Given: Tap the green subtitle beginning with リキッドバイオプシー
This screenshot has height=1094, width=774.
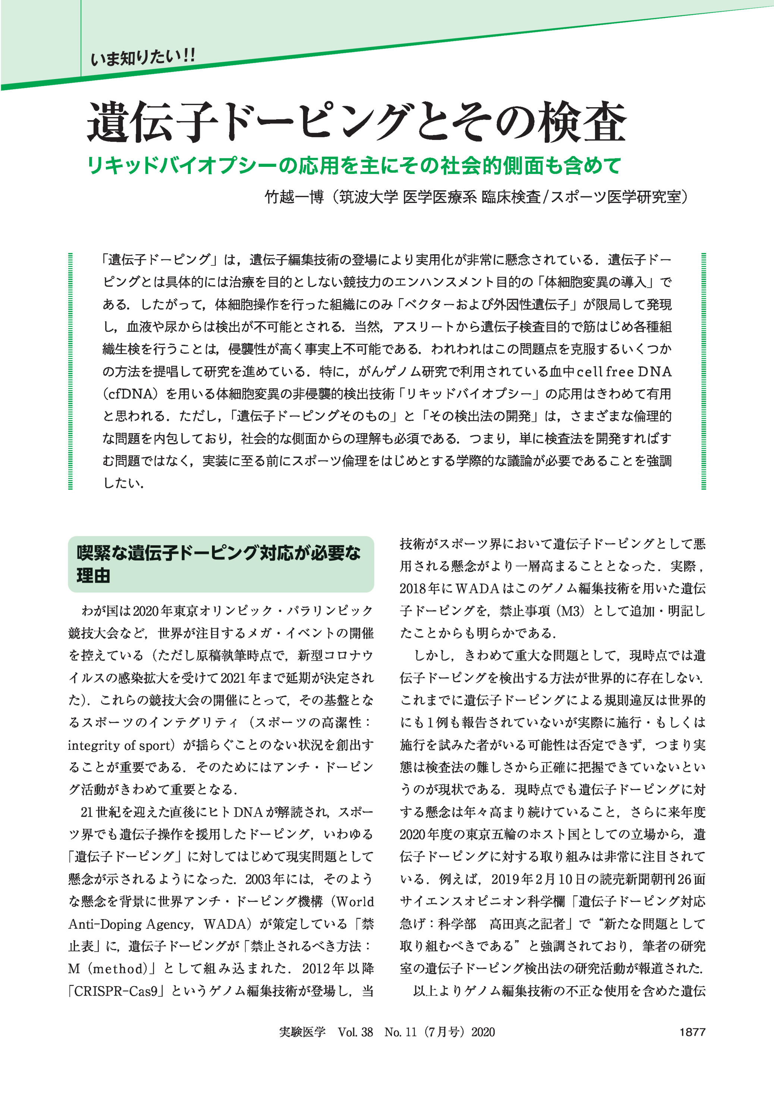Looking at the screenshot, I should (354, 165).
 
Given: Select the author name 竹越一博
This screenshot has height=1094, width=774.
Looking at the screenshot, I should (294, 197).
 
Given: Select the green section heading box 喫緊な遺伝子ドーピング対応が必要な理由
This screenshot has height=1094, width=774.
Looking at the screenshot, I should (221, 564).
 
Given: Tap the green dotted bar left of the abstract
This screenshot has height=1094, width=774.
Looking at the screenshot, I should (70, 371).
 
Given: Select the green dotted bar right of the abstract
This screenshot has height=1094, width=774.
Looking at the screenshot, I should (704, 371).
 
